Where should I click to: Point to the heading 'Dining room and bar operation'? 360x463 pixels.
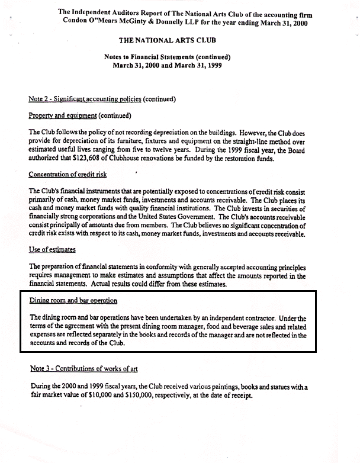[73, 301]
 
